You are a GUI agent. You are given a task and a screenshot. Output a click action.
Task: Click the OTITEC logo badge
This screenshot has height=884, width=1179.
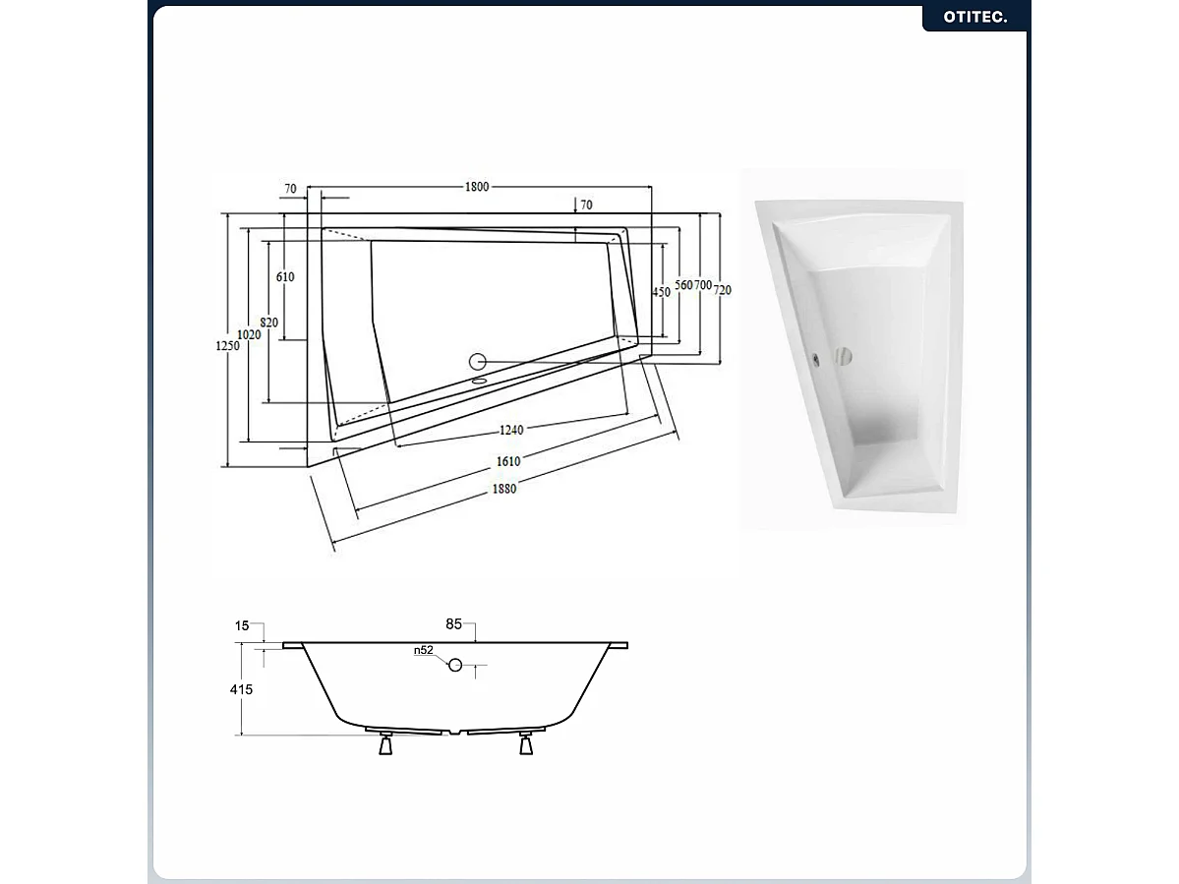point(974,17)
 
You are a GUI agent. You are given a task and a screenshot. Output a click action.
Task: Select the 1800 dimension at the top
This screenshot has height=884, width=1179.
point(478,188)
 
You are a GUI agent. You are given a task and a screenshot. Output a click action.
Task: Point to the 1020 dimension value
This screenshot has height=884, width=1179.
point(250,335)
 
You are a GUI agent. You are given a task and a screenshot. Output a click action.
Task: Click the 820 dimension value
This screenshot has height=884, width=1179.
point(268,323)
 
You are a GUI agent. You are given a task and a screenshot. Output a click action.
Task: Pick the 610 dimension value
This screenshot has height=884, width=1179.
point(285,277)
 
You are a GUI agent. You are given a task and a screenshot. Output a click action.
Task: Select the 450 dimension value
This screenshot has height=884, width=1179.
point(662,291)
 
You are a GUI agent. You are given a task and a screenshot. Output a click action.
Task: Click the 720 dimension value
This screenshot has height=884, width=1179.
point(723,290)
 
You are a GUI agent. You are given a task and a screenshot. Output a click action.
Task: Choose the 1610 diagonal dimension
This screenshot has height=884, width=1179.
point(508,460)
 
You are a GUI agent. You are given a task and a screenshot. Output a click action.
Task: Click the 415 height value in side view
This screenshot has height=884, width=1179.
point(240,689)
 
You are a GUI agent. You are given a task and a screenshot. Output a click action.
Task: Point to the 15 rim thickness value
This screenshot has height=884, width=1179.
point(242,625)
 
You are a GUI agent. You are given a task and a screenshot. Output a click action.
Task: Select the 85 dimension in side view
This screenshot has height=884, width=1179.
point(453,623)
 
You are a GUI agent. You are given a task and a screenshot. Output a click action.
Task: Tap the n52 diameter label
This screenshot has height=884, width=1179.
point(423,650)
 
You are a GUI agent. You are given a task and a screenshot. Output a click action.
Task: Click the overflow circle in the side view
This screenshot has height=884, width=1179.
point(455,665)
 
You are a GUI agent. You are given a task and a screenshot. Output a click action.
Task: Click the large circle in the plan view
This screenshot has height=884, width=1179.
point(478,362)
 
